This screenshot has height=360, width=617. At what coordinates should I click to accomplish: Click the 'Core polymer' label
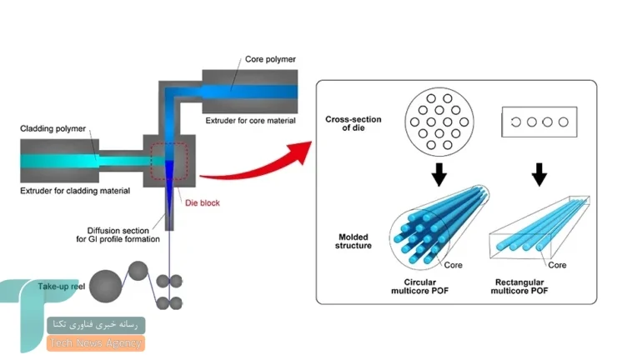(x=270, y=59)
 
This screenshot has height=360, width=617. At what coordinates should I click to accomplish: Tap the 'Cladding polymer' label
(x=53, y=128)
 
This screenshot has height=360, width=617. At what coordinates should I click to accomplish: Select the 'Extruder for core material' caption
(x=250, y=120)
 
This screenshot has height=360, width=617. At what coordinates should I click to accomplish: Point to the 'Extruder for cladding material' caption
(x=75, y=191)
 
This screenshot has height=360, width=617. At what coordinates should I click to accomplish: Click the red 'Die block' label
(x=203, y=203)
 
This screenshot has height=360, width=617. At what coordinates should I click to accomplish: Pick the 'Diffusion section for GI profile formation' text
(x=118, y=235)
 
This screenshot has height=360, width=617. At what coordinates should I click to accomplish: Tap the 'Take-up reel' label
(x=62, y=287)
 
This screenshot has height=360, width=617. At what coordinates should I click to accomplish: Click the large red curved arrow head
(x=300, y=153)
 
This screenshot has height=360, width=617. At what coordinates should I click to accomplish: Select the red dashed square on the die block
(x=169, y=161)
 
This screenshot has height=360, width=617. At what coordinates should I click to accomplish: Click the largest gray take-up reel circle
(x=105, y=286)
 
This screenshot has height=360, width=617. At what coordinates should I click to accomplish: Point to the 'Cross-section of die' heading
(x=354, y=123)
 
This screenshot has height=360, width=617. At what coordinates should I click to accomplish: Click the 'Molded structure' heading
(x=354, y=241)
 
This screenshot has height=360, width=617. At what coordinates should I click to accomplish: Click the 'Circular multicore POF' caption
(x=420, y=287)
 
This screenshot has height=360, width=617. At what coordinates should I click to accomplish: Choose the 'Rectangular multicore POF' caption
(x=519, y=287)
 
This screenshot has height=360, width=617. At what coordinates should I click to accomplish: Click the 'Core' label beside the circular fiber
(x=454, y=265)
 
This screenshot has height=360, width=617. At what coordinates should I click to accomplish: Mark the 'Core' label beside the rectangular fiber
(x=557, y=265)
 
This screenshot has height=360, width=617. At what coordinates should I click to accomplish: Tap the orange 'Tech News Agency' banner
(x=96, y=343)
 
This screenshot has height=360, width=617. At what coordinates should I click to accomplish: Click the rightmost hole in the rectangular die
(x=564, y=122)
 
